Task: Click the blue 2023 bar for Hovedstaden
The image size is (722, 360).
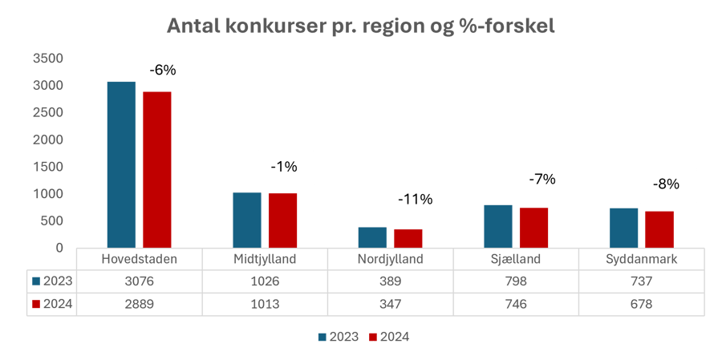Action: click(121, 164)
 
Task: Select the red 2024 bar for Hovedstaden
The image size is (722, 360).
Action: click(157, 169)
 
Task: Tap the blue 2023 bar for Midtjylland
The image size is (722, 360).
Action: click(247, 220)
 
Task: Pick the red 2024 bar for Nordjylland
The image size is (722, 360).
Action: click(408, 238)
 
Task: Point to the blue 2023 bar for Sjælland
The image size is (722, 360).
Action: click(498, 226)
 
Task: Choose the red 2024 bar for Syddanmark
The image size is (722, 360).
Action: click(659, 229)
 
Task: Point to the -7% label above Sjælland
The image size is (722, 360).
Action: click(542, 180)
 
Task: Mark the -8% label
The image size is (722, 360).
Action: click(666, 184)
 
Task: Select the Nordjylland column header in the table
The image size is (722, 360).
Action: click(391, 260)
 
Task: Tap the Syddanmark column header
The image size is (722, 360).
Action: click(641, 260)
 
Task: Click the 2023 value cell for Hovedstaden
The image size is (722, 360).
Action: click(139, 281)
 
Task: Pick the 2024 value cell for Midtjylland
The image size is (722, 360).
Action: click(265, 305)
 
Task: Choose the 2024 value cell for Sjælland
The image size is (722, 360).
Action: click(516, 305)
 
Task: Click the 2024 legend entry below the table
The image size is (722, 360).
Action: click(389, 338)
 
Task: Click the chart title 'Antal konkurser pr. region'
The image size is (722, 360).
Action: click(361, 26)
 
